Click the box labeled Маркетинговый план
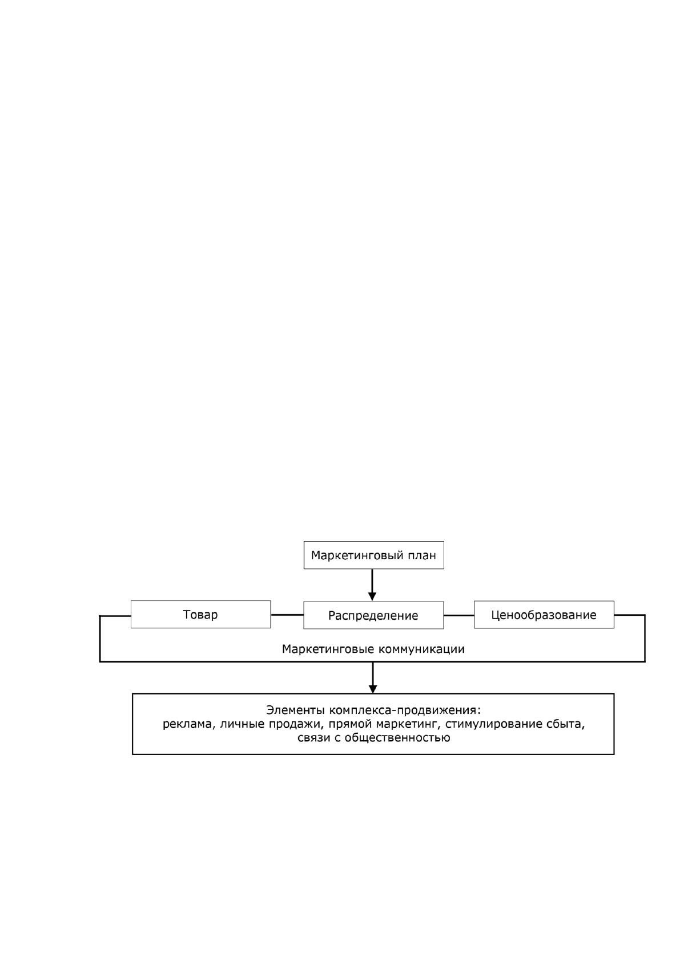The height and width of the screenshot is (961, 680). (x=373, y=555)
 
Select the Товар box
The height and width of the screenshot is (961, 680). (x=200, y=615)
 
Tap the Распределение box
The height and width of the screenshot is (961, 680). (x=373, y=615)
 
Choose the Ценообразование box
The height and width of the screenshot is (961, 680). (x=544, y=615)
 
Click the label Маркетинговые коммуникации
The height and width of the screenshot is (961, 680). (x=373, y=649)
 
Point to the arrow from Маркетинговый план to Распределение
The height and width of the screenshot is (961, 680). (x=372, y=585)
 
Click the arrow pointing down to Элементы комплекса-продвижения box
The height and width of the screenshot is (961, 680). (x=373, y=678)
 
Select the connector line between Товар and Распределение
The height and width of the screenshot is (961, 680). (x=287, y=615)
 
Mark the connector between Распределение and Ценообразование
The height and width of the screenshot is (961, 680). (x=459, y=615)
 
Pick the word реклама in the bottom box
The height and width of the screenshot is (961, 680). (x=188, y=725)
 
